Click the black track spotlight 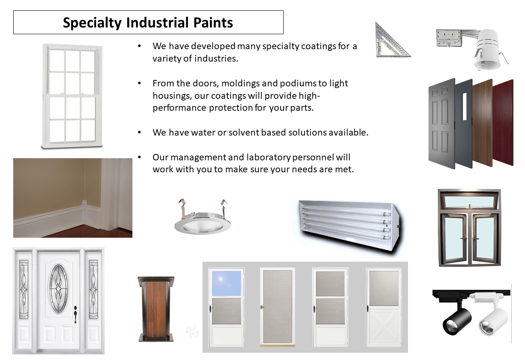coord(456,319)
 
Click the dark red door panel coord(504,122)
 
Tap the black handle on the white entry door coord(76,316)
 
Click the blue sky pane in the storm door coord(226,283)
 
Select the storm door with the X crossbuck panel coord(384,307)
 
